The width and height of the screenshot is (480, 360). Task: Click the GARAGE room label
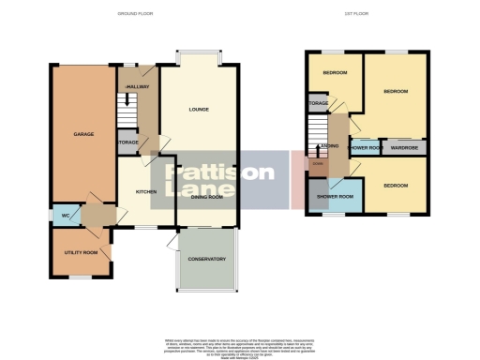83,135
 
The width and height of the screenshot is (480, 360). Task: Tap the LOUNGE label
197,111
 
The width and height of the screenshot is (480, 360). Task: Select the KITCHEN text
145,190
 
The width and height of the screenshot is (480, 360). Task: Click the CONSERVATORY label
206,260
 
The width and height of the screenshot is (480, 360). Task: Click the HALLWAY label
139,86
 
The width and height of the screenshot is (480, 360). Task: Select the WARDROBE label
404,147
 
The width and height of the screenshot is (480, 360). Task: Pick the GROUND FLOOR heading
134,14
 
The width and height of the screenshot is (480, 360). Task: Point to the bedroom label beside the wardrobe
396,91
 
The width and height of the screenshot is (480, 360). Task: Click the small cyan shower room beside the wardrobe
363,147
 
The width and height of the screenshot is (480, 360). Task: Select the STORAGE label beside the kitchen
127,142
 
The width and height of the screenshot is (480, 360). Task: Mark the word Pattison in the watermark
220,173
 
